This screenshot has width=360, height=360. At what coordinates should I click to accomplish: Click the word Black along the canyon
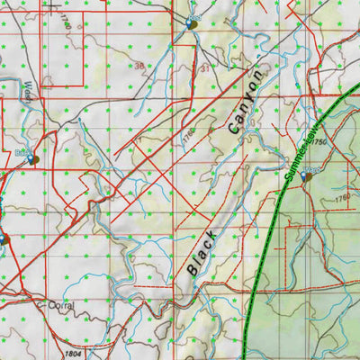[x=203, y=252]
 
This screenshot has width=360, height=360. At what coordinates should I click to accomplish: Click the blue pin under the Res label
[x=192, y=24]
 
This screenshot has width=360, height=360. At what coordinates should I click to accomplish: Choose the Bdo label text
[x=22, y=153]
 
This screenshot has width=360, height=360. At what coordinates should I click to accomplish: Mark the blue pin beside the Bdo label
[x=34, y=160]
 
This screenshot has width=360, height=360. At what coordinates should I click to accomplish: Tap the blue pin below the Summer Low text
[x=307, y=177]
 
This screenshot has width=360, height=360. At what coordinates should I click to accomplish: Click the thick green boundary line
[x=261, y=261]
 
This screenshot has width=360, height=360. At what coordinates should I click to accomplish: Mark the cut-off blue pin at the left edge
[x=3, y=239]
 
